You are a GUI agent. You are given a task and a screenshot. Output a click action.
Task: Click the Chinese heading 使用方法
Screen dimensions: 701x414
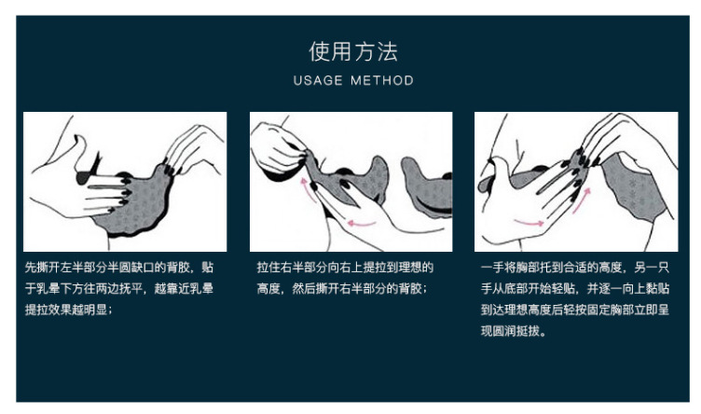click(x=353, y=51)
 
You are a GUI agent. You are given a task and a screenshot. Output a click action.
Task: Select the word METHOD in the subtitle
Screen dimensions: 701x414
click(x=382, y=80)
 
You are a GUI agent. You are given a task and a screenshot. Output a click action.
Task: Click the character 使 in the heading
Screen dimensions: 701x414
click(x=320, y=51)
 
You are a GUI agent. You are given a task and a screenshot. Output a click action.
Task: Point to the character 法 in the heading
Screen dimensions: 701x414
click(x=387, y=51)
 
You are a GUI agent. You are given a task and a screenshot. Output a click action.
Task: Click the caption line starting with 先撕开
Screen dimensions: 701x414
click(x=119, y=268)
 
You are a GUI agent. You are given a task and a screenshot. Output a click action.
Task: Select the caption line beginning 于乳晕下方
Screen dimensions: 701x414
click(x=119, y=288)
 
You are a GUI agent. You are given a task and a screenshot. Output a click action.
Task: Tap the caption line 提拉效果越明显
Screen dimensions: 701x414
click(x=68, y=310)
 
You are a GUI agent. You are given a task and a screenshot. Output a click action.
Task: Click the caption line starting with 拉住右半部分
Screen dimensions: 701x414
click(x=345, y=268)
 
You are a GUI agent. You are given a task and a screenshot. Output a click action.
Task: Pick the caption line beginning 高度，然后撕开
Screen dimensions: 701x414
click(x=342, y=288)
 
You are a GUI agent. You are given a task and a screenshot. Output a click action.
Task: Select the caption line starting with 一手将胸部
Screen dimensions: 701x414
click(x=575, y=268)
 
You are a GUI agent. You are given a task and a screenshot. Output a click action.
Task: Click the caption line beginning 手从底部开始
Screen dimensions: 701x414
click(x=575, y=288)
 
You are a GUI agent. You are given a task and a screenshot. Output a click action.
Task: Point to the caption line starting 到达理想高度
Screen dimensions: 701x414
click(x=575, y=310)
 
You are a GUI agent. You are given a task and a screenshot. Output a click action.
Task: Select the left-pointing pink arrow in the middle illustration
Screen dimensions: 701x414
click(x=362, y=223)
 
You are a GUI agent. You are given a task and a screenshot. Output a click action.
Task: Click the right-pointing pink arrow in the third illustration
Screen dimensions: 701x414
click(x=529, y=222)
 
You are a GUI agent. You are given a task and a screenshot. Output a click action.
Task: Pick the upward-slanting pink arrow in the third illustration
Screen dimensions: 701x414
click(x=582, y=200)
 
